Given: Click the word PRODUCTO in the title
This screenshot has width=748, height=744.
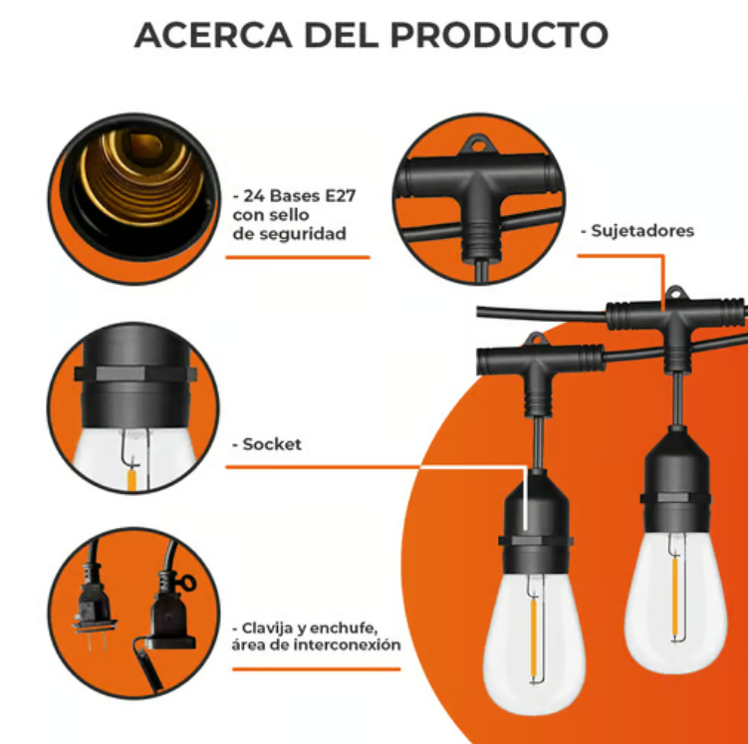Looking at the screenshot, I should [x=498, y=35].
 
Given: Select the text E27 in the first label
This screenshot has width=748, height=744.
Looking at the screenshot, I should [x=338, y=195].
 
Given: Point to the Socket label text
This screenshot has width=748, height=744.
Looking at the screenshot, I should [x=270, y=444].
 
